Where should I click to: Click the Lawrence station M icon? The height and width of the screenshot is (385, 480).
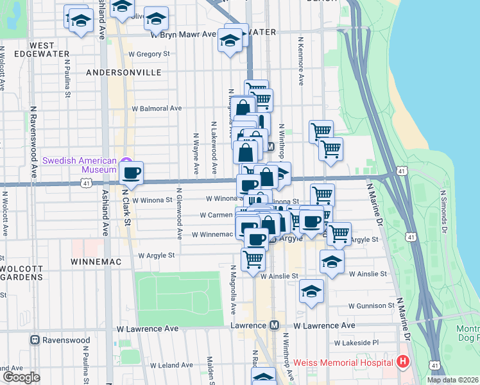pyautogui.click(x=275, y=326)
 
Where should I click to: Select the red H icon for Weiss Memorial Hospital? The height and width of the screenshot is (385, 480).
pyautogui.click(x=402, y=363)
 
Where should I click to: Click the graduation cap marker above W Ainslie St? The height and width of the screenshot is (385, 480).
pyautogui.click(x=332, y=261)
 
